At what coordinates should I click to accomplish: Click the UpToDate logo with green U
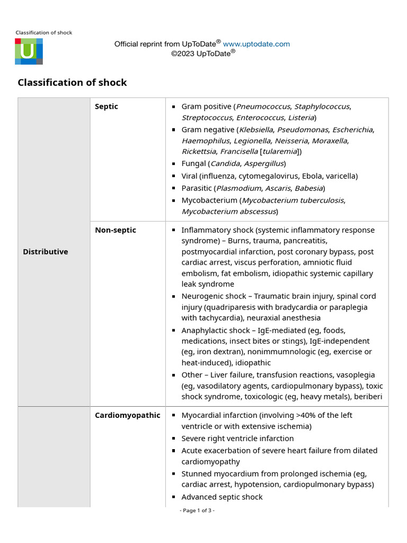point(29,51)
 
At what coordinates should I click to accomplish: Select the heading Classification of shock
point(72,82)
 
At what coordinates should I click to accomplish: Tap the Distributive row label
point(46,252)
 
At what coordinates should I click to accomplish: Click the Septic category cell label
point(107,107)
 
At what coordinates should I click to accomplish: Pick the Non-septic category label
point(116,230)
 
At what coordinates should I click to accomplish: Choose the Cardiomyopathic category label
point(127,415)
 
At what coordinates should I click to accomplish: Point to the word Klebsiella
point(255,130)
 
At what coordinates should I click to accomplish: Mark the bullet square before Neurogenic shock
point(173,296)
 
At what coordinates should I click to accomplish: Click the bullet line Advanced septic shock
point(222,497)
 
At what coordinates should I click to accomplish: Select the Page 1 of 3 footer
point(197,511)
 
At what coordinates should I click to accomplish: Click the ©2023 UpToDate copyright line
point(203,53)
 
